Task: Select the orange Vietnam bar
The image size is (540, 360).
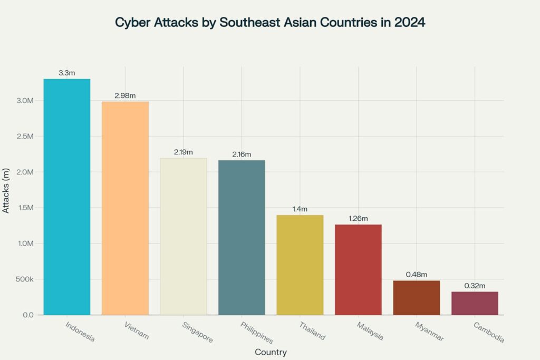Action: click(125, 208)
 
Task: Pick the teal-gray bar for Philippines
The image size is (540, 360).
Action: click(242, 237)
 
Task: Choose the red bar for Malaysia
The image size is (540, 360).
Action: click(358, 269)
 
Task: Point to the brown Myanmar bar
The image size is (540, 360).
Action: click(416, 297)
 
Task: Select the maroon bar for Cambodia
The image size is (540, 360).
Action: click(475, 303)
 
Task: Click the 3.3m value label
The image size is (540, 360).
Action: click(67, 73)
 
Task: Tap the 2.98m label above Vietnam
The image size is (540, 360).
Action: click(125, 95)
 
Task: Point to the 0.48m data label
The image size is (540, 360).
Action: click(416, 275)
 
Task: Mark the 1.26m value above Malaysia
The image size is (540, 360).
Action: click(358, 218)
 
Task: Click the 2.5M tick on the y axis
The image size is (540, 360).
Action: click(25, 137)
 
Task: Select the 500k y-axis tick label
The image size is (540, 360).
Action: click(25, 279)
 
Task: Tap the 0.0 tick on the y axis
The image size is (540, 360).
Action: click(28, 315)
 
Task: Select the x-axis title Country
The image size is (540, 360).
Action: click(271, 352)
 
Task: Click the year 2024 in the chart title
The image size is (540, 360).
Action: click(409, 23)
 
